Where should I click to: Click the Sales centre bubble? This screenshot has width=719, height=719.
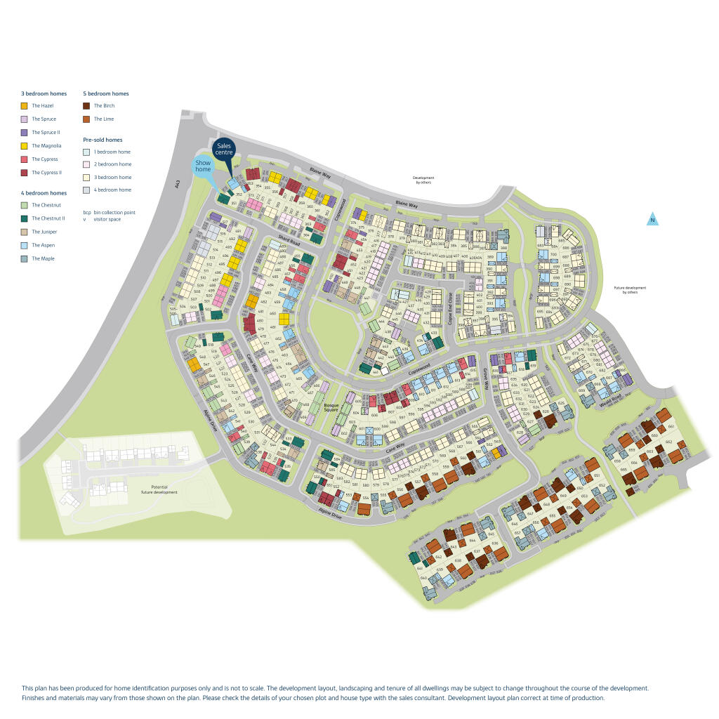[224, 150]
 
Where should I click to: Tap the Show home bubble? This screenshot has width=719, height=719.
[203, 166]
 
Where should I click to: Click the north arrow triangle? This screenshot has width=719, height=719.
[652, 219]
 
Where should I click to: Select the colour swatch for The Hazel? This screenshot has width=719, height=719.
[25, 106]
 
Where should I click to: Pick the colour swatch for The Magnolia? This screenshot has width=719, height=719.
[25, 146]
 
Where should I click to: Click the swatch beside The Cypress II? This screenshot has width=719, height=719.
[25, 173]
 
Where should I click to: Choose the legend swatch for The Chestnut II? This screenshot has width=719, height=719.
[25, 218]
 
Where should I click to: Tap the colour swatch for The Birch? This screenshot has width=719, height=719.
[86, 106]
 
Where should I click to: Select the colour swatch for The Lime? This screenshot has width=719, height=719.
[86, 119]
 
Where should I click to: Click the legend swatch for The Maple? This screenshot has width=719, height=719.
[25, 258]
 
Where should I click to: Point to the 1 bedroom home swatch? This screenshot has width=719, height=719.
[86, 152]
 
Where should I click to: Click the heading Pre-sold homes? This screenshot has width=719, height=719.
[103, 140]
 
